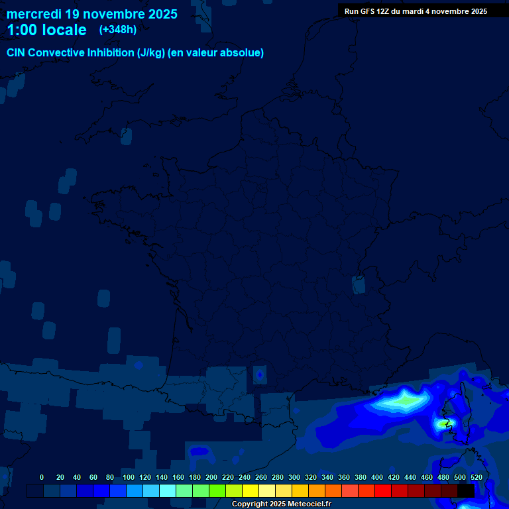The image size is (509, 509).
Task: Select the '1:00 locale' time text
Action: tap(46, 30)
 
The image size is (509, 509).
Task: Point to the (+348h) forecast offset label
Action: tap(117, 30)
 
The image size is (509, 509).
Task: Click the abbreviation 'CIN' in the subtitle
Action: tap(17, 53)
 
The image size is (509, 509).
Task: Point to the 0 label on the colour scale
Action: tap(42, 477)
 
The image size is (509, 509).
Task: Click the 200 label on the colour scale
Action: tap(211, 477)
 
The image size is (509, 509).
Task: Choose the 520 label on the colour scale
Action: tap(476, 477)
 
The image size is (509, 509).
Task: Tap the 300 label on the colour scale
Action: tap(294, 477)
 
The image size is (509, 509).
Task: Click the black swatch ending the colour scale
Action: tap(465, 490)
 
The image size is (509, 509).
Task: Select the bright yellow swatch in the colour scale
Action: tap(251, 490)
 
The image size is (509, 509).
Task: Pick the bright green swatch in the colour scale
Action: tap(217, 490)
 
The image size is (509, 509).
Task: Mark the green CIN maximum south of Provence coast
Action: tap(403, 400)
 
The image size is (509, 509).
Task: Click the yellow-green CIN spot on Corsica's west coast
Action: tap(443, 422)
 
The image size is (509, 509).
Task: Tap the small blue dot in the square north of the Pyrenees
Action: tap(259, 375)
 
